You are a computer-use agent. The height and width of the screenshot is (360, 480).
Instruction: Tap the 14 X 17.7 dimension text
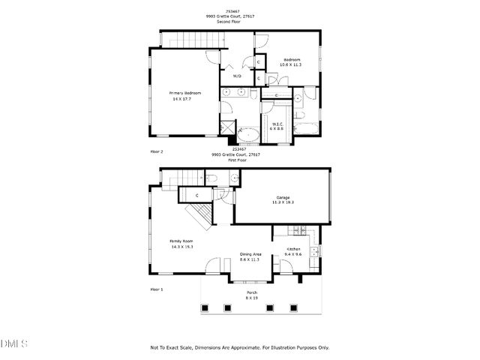182,99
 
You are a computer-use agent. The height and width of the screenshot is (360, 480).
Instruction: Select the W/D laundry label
237,76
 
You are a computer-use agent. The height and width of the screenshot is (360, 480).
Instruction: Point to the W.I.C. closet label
276,124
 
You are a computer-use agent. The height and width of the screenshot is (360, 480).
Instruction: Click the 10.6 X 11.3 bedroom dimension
292,65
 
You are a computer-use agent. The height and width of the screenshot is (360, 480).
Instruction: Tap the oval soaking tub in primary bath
247,136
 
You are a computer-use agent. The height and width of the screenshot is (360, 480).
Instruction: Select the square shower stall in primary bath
226,129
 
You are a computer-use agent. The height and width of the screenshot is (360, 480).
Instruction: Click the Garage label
283,197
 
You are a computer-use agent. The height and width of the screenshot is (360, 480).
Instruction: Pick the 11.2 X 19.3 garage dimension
283,203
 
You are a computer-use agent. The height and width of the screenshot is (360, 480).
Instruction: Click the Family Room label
182,241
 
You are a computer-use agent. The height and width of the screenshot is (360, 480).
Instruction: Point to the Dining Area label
250,253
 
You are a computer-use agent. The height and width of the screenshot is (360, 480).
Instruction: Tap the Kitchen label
292,248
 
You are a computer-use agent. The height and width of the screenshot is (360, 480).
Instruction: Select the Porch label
251,292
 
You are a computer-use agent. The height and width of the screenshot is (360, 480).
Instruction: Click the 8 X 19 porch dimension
251,298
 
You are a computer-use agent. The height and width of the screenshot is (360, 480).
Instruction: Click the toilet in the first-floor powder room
212,178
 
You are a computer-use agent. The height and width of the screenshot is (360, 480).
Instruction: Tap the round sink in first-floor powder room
233,178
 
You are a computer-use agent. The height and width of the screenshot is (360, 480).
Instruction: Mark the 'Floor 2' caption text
156,151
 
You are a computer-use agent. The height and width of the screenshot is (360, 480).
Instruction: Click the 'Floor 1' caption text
156,289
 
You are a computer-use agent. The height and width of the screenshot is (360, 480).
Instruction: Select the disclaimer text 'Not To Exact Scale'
172,348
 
